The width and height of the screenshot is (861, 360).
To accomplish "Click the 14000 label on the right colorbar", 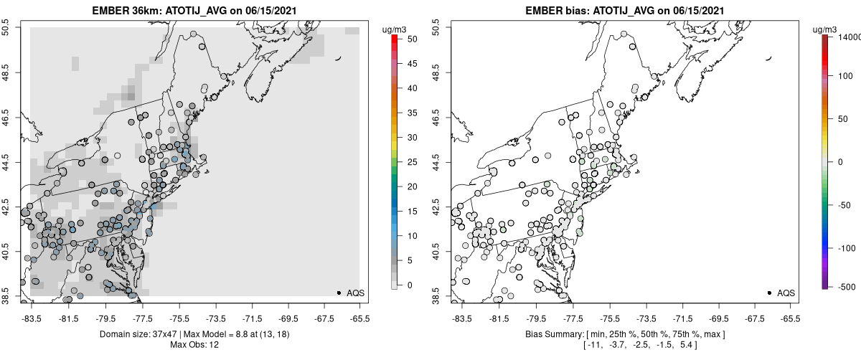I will point(847,36).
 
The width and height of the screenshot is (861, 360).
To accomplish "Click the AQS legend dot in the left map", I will point(338,293).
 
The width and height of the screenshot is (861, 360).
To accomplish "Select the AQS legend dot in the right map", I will point(768,293).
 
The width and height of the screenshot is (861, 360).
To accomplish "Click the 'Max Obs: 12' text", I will point(194,345).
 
